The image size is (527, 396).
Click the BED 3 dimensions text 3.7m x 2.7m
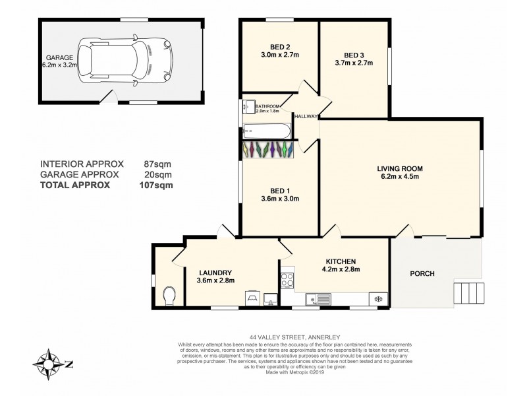(x=354, y=63)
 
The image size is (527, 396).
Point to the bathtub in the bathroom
(x=265, y=129)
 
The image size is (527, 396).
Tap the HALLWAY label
(x=306, y=116)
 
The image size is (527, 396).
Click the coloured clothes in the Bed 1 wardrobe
(x=267, y=150)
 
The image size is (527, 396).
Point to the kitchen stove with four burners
(x=287, y=280)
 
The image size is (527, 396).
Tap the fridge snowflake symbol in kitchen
(x=378, y=299)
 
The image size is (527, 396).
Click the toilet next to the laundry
(x=167, y=296)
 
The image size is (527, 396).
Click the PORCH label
(x=422, y=273)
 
